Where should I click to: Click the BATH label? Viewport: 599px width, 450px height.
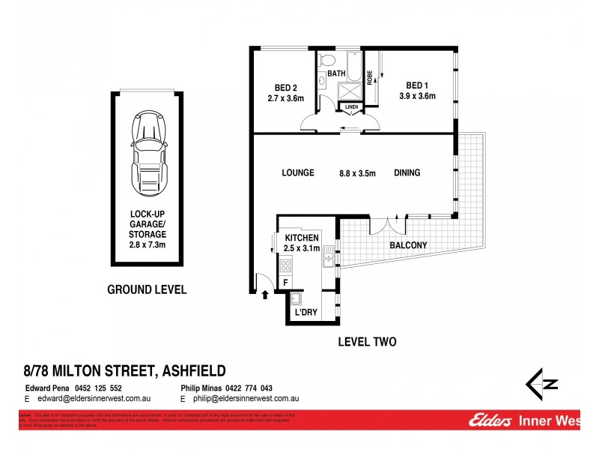[x=335, y=73]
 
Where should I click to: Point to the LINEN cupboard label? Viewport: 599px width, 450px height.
[x=352, y=107]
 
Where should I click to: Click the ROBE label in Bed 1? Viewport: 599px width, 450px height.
[x=369, y=78]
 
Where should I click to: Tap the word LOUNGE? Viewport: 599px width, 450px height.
[x=297, y=173]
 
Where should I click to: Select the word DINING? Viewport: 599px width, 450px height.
[x=407, y=173]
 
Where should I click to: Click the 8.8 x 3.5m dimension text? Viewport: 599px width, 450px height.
[x=357, y=173]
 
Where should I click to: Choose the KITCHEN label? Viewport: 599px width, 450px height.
[x=302, y=237]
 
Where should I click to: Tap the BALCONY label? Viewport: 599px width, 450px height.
[x=409, y=245]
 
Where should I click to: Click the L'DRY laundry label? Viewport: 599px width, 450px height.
[x=305, y=311]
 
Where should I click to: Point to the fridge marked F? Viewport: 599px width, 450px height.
[x=285, y=282]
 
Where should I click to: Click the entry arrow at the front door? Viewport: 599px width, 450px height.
[x=264, y=294]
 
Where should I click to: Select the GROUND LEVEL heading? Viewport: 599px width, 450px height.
[x=147, y=289]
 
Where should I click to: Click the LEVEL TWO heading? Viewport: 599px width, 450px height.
[x=367, y=342]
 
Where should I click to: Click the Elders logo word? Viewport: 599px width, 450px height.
[x=490, y=422]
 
